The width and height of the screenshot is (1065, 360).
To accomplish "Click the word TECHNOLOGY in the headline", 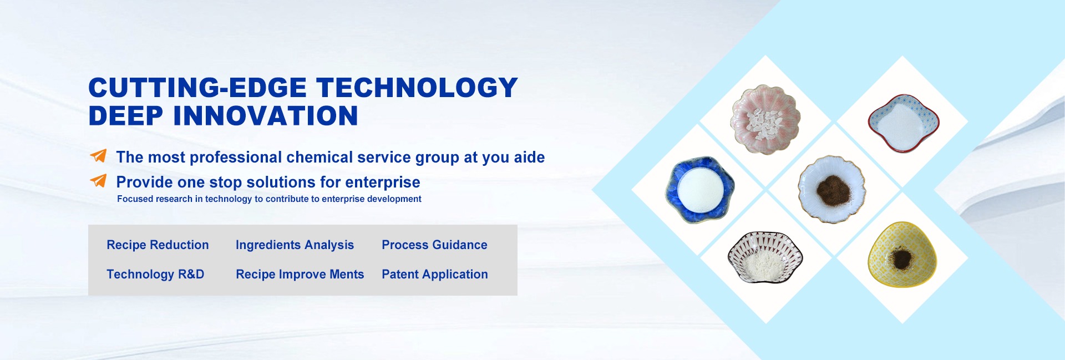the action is (x=417, y=88).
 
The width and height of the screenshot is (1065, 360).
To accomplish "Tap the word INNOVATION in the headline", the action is (x=266, y=116).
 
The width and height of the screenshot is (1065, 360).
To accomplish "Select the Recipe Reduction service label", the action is (x=158, y=245).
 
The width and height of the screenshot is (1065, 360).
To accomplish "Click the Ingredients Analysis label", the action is (x=295, y=245).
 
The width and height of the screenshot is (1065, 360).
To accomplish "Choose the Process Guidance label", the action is (x=434, y=245).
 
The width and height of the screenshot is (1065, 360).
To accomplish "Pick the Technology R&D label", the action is (x=155, y=274).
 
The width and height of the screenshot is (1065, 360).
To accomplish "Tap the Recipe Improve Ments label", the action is (x=300, y=274).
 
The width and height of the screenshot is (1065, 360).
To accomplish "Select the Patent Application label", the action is (x=435, y=274).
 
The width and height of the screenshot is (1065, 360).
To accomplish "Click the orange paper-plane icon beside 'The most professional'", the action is (x=98, y=156).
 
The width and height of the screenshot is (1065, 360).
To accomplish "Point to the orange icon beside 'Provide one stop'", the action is (x=98, y=180).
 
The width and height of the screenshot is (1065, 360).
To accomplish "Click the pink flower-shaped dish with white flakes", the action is (x=765, y=120).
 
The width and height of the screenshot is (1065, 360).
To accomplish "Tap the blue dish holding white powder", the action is (x=700, y=190).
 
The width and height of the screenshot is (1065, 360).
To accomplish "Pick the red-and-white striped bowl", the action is (x=765, y=257).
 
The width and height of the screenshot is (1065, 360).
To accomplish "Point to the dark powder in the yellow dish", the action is (x=901, y=259).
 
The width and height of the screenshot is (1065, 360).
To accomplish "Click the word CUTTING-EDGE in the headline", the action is (x=197, y=88).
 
